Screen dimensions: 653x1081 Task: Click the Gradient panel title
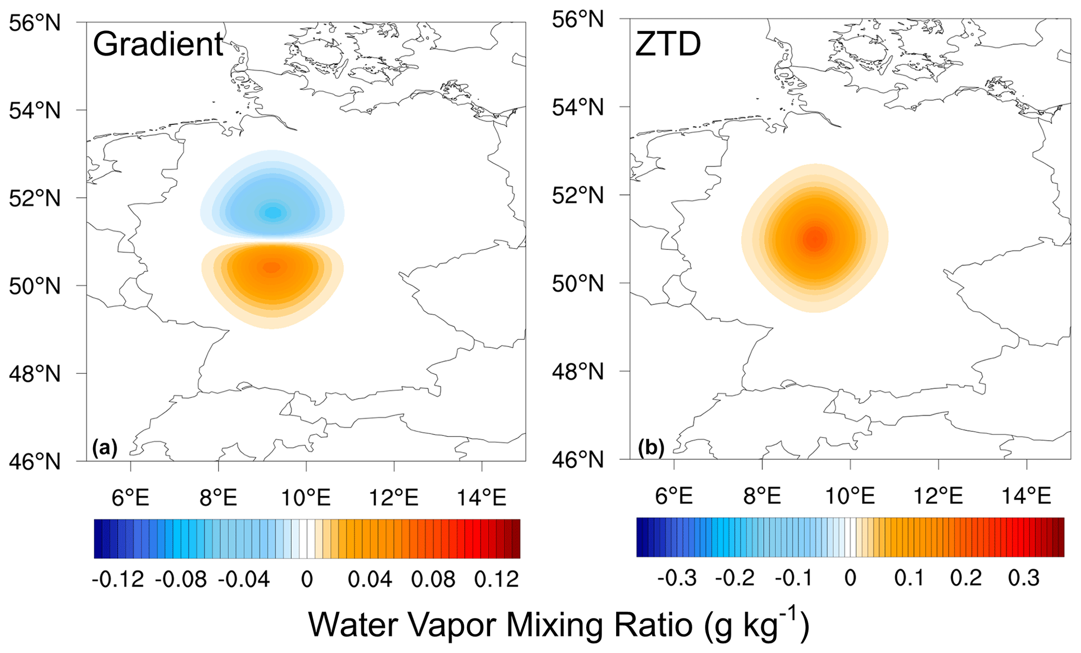click(x=158, y=44)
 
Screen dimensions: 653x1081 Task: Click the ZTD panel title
click(x=668, y=44)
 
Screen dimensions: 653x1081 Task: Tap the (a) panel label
click(x=105, y=448)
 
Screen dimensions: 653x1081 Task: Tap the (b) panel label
click(x=651, y=448)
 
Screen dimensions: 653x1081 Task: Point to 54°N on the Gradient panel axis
click(x=35, y=110)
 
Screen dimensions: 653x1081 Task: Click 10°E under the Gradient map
click(x=306, y=497)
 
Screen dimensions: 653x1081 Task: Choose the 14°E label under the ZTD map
click(x=1026, y=496)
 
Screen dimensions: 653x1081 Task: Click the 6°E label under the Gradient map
click(x=130, y=497)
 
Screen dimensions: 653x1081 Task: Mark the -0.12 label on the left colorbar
click(x=118, y=579)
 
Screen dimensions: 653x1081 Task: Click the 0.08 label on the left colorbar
click(x=433, y=579)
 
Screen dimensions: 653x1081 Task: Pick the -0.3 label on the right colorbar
click(x=677, y=578)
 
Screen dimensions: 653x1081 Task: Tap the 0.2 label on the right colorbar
click(x=966, y=578)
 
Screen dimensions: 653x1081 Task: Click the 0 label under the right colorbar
click(x=850, y=578)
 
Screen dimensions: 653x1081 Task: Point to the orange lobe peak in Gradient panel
click(x=271, y=267)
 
